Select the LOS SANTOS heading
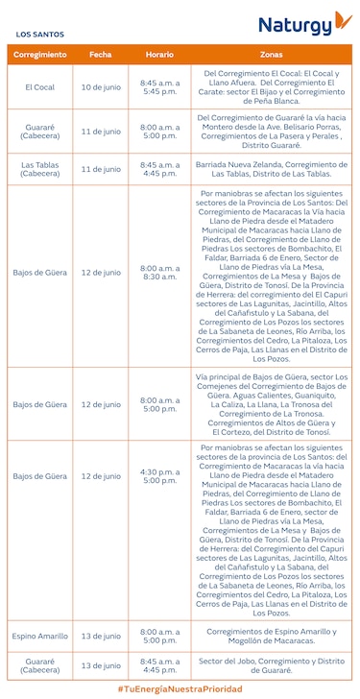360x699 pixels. pyautogui.click(x=39, y=35)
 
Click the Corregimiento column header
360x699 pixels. pyautogui.click(x=40, y=55)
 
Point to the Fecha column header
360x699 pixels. pyautogui.click(x=100, y=55)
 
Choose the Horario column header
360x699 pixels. pyautogui.click(x=159, y=55)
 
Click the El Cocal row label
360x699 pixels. pyautogui.click(x=40, y=87)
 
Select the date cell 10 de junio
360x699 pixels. pyautogui.click(x=100, y=87)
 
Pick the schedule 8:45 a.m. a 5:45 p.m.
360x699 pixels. pyautogui.click(x=159, y=87)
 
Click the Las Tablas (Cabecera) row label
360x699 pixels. pyautogui.click(x=40, y=169)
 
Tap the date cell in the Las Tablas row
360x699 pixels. pyautogui.click(x=100, y=169)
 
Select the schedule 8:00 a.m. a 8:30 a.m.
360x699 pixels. pyautogui.click(x=159, y=273)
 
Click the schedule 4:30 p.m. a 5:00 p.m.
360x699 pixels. pyautogui.click(x=159, y=476)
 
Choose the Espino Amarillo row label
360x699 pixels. pyautogui.click(x=40, y=636)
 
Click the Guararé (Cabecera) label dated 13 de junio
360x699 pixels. pyautogui.click(x=40, y=664)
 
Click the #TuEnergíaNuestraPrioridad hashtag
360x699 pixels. pyautogui.click(x=180, y=688)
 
